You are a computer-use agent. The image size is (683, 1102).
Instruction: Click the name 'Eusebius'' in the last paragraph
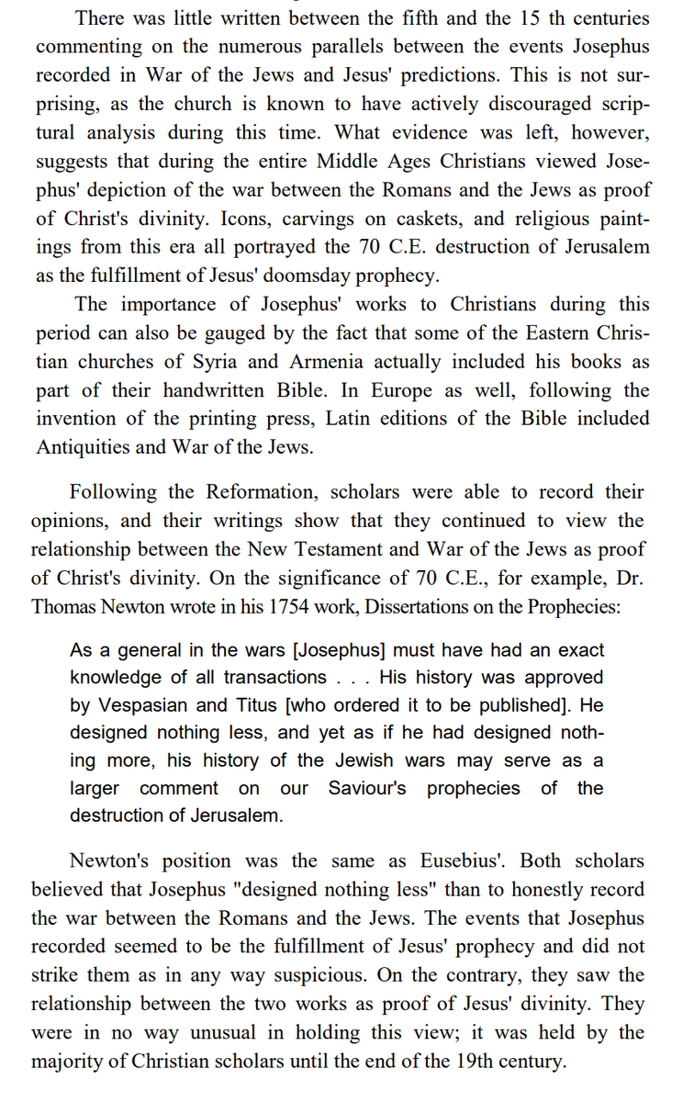pos(461,861)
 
